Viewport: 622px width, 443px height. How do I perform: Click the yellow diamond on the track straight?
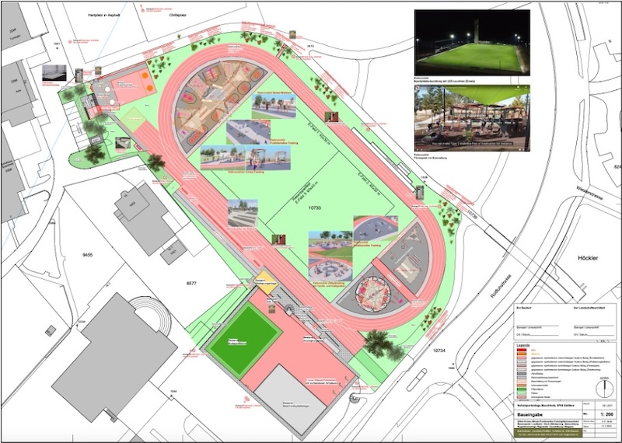(261, 278)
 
